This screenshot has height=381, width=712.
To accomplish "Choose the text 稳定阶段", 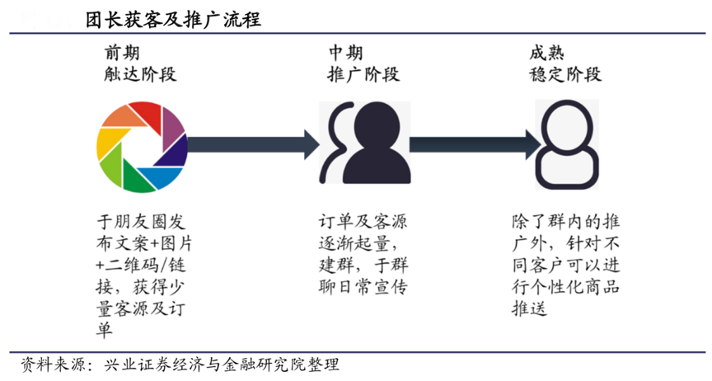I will (564, 75).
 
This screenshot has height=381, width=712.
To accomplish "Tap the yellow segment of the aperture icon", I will (111, 144).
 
